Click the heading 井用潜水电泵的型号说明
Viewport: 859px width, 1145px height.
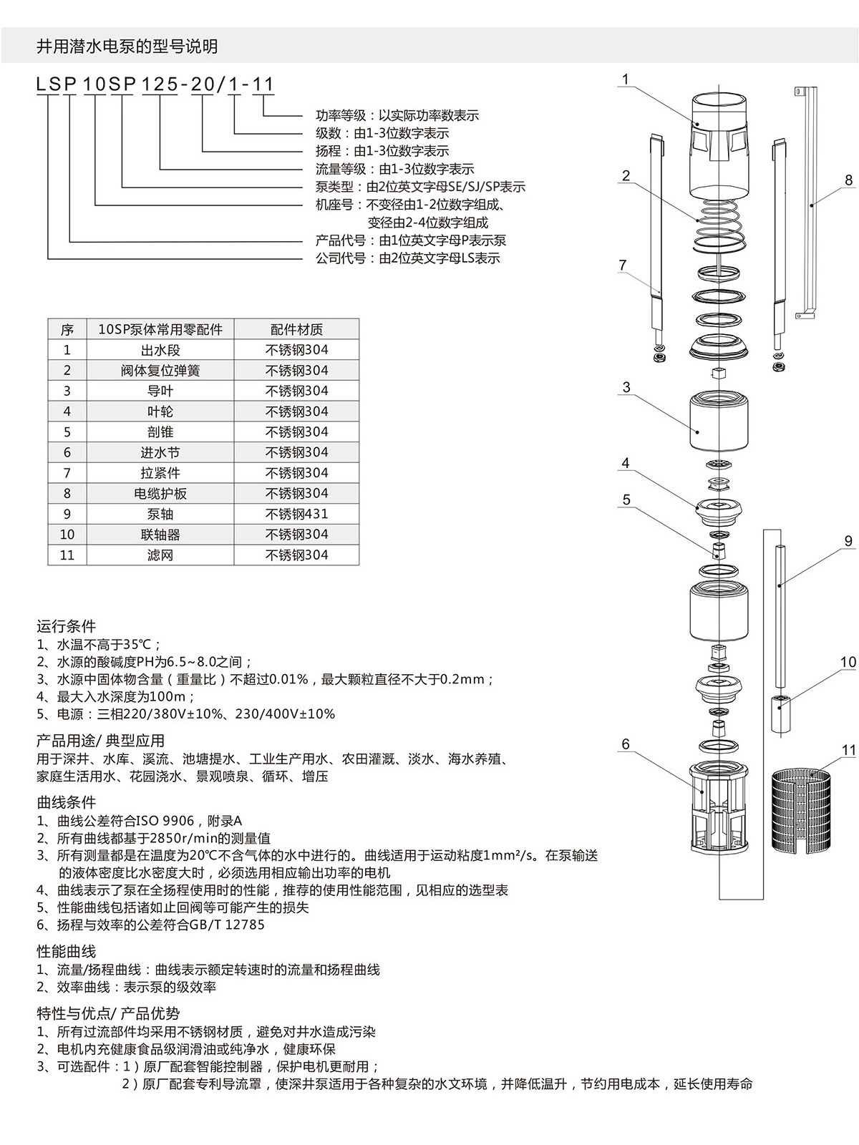[127, 47]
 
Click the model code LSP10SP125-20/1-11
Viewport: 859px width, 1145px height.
[155, 84]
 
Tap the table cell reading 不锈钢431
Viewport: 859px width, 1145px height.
[296, 514]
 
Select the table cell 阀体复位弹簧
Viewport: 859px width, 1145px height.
[160, 371]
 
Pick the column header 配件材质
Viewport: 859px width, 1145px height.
[296, 329]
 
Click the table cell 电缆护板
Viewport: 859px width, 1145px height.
[160, 493]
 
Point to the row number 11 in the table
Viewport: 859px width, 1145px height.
[67, 555]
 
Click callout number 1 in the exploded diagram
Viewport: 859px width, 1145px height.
[626, 79]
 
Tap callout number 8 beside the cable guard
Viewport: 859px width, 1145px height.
[848, 180]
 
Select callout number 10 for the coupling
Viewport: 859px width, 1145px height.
[848, 662]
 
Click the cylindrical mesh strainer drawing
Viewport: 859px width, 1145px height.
[802, 811]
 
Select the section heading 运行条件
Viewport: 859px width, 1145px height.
[66, 626]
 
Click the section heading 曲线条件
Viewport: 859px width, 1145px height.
[66, 802]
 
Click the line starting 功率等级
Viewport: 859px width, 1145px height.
[397, 115]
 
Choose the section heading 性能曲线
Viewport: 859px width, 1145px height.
[66, 952]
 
